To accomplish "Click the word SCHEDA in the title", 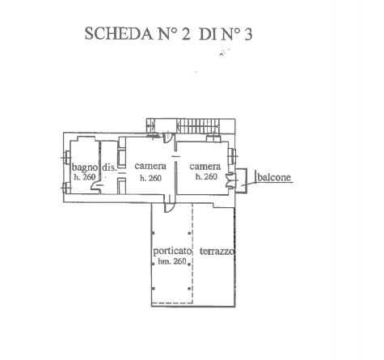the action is pos(119,34).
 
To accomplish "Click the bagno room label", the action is pos(85,167).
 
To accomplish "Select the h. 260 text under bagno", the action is pos(85,177).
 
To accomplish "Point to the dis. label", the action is pos(109,167).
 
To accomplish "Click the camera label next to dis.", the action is pos(150,166).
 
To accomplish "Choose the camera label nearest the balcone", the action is pos(205,167).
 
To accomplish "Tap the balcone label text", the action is pos(274,177).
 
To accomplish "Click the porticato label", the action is pos(172,252).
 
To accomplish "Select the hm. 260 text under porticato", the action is pos(172,261).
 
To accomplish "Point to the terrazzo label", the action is pos(217,252).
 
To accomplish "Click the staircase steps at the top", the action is pos(198,126).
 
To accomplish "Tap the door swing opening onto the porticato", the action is pos(170,207).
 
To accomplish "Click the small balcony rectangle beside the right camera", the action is pos(241,180).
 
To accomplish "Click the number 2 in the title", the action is pos(186,34).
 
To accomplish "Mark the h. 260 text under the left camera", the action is pos(150,178).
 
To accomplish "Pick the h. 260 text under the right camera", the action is pos(206,176).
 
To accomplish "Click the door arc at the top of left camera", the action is pos(167,138).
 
